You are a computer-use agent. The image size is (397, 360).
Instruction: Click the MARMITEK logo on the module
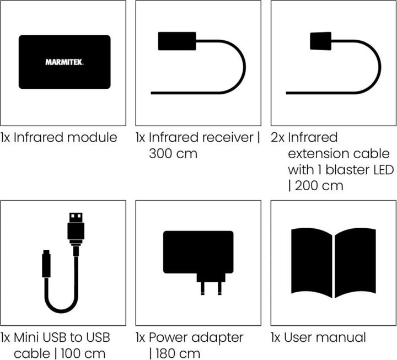click(65, 62)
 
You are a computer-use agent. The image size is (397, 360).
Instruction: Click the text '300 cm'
click(173, 153)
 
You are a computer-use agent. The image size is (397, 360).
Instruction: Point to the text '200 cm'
click(319, 185)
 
